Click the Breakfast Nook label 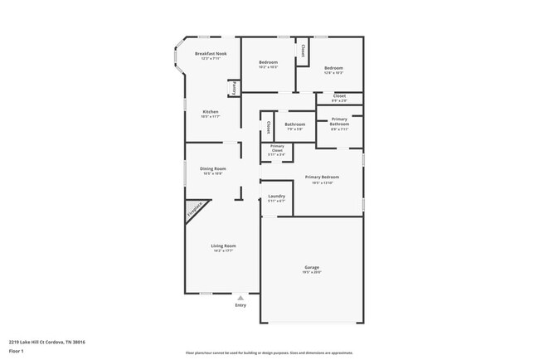pyautogui.click(x=211, y=53)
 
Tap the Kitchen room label pyautogui.click(x=211, y=111)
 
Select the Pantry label pyautogui.click(x=235, y=87)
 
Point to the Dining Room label pyautogui.click(x=213, y=168)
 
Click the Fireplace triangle pyautogui.click(x=193, y=212)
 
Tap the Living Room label pyautogui.click(x=223, y=246)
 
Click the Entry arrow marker pyautogui.click(x=240, y=297)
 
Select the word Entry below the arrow pyautogui.click(x=240, y=305)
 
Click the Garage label pyautogui.click(x=312, y=267)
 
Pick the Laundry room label pyautogui.click(x=276, y=196)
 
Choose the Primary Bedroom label pyautogui.click(x=322, y=177)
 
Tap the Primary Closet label pyautogui.click(x=277, y=148)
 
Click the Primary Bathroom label pyautogui.click(x=339, y=121)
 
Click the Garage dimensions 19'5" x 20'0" pyautogui.click(x=312, y=273)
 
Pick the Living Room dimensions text pyautogui.click(x=223, y=251)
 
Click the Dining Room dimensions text pyautogui.click(x=213, y=173)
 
